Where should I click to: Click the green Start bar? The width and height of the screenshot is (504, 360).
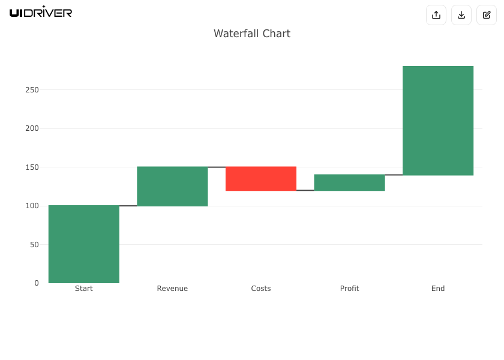coord(84,244)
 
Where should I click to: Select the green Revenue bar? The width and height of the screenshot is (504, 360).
coord(172,186)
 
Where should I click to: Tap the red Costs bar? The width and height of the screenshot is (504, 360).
coord(261,179)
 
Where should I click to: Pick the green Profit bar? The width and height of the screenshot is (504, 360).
coord(349,182)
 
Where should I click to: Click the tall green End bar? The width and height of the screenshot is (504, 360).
coord(438,121)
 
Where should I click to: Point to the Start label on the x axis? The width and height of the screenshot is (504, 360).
coord(84,289)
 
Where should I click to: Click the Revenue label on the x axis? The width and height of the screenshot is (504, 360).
coord(172,289)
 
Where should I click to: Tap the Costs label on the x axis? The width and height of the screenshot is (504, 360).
coord(261,289)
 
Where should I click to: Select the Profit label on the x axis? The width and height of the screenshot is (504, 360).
coord(349,289)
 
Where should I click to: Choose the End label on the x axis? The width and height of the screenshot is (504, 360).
coord(438,289)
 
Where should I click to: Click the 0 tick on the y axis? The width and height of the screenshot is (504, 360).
coord(37,283)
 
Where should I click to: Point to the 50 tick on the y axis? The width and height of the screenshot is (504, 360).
coord(34,245)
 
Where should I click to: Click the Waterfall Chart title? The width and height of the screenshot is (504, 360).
coord(252,34)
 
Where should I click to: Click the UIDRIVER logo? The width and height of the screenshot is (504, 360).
coord(41,12)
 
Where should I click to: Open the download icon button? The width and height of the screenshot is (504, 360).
coord(461,15)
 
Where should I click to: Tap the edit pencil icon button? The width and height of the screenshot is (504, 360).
coord(487,15)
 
